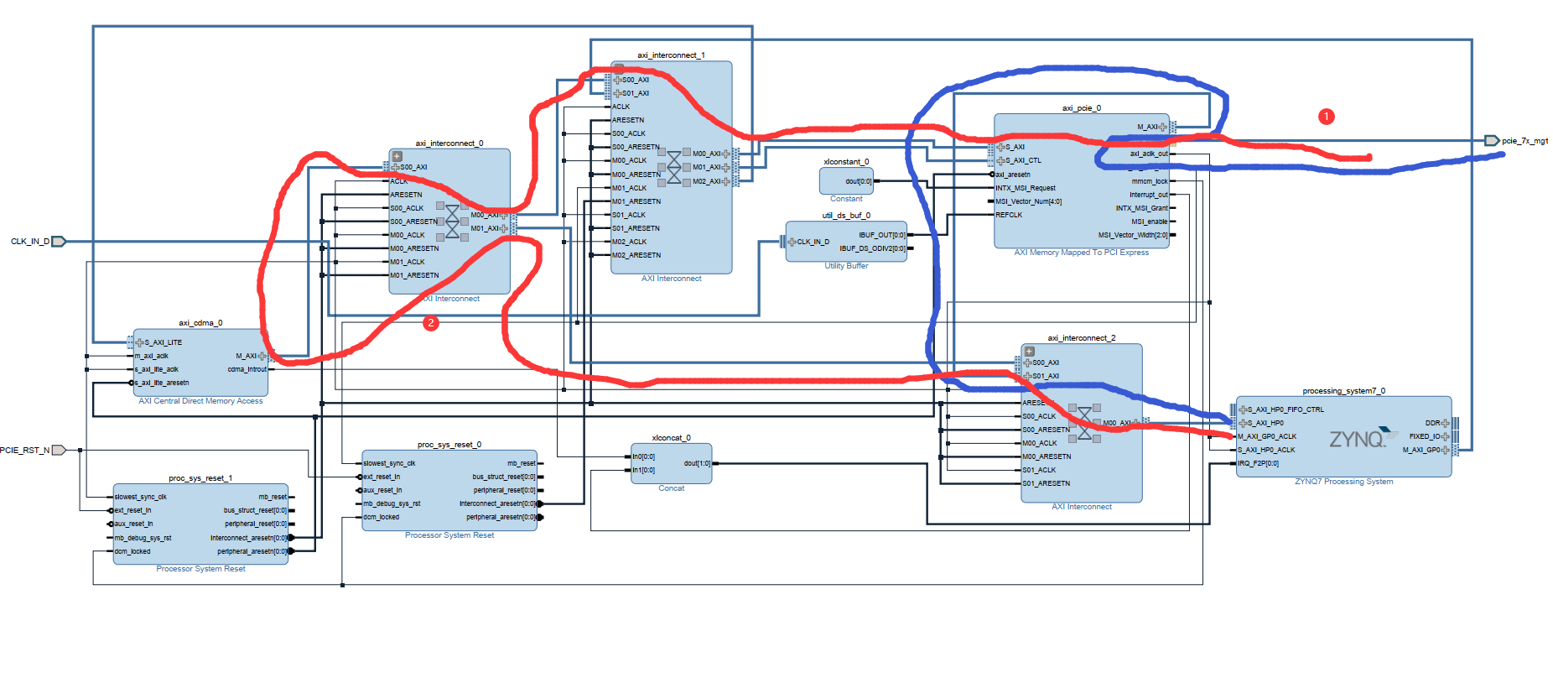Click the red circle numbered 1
click(1326, 117)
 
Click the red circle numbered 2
click(431, 323)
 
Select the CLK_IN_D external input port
click(58, 242)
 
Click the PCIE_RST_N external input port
click(58, 450)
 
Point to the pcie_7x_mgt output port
click(1492, 141)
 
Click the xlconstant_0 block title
click(846, 161)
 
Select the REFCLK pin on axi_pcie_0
click(1009, 215)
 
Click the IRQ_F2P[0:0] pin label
click(1259, 463)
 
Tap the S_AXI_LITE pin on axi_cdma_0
click(163, 342)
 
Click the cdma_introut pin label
click(247, 369)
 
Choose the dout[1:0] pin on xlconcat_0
click(697, 463)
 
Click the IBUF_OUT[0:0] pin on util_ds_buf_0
click(881, 235)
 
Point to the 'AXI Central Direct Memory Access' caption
click(200, 401)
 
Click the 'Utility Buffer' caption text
click(846, 266)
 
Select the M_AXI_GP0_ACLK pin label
click(1267, 436)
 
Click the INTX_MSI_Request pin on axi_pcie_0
click(1026, 188)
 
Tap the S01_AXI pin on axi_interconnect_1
click(635, 93)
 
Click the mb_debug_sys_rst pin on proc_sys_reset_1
click(143, 538)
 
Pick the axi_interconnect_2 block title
click(1081, 338)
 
